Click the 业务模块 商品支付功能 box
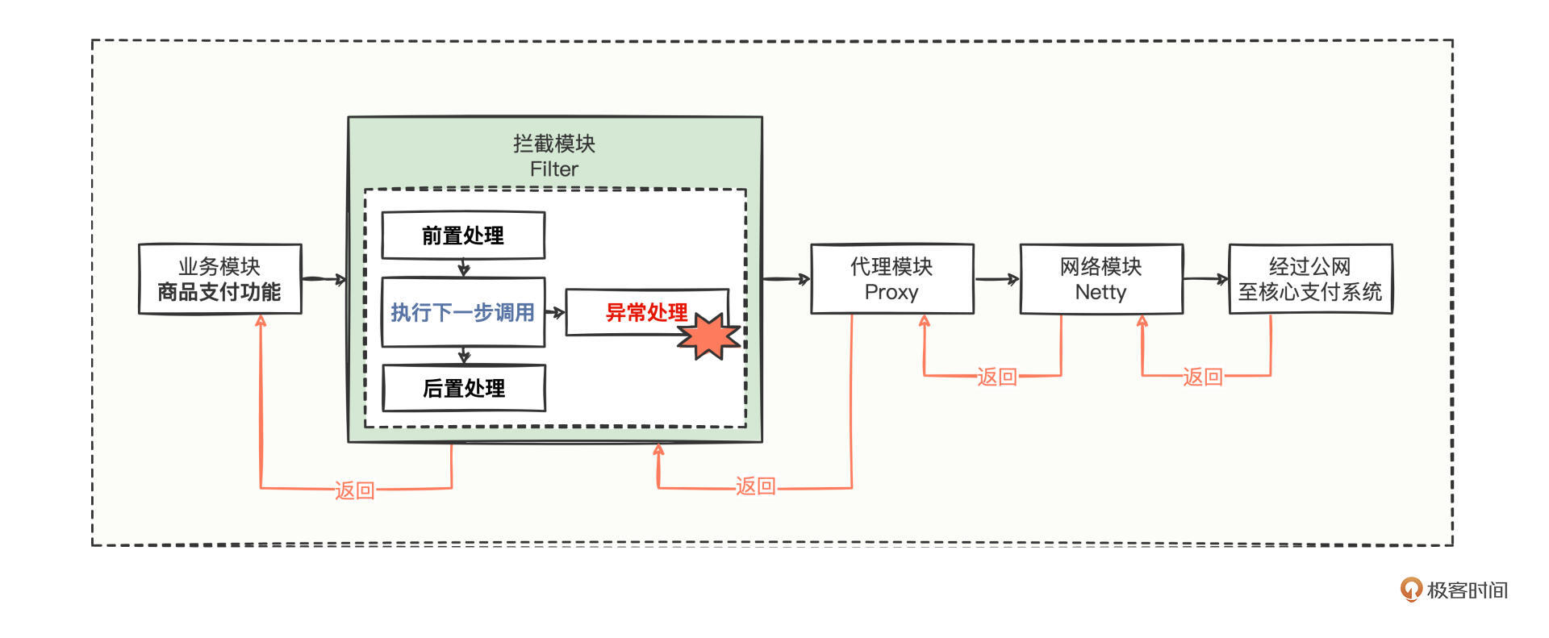(x=219, y=279)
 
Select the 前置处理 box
(x=463, y=236)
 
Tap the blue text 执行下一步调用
(x=462, y=312)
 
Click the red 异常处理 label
(x=646, y=312)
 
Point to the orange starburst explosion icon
(x=708, y=336)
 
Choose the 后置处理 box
(x=464, y=388)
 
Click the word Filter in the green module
(x=554, y=169)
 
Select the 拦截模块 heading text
(x=554, y=144)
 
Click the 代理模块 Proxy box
(x=891, y=279)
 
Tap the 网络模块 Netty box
(x=1101, y=279)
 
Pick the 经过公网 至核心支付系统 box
(x=1310, y=279)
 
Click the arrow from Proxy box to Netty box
(x=997, y=280)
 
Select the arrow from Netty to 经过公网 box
(x=1206, y=279)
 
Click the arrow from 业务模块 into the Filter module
(x=324, y=279)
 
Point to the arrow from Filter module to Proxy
(x=786, y=279)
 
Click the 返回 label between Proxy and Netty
(x=997, y=377)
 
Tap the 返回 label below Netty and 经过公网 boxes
(x=1203, y=377)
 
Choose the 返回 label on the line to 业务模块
(x=355, y=490)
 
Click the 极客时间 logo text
(x=1467, y=590)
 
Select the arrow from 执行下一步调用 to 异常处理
(x=555, y=312)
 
